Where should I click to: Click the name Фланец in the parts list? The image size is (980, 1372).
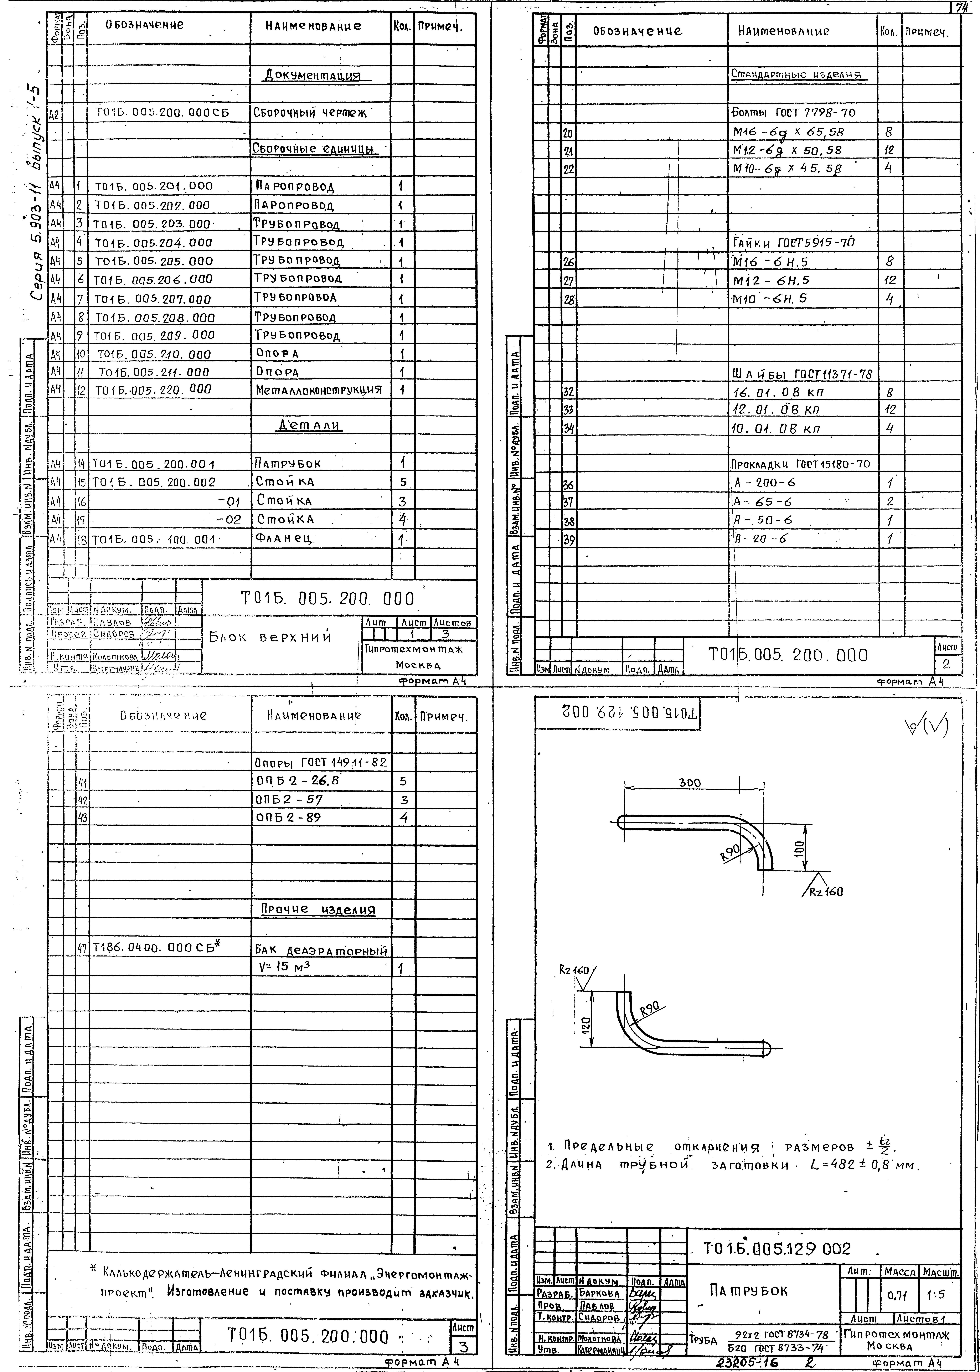tap(285, 538)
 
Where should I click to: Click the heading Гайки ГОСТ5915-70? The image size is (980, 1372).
tap(794, 243)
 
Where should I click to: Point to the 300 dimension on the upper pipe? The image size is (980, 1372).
tap(690, 783)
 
